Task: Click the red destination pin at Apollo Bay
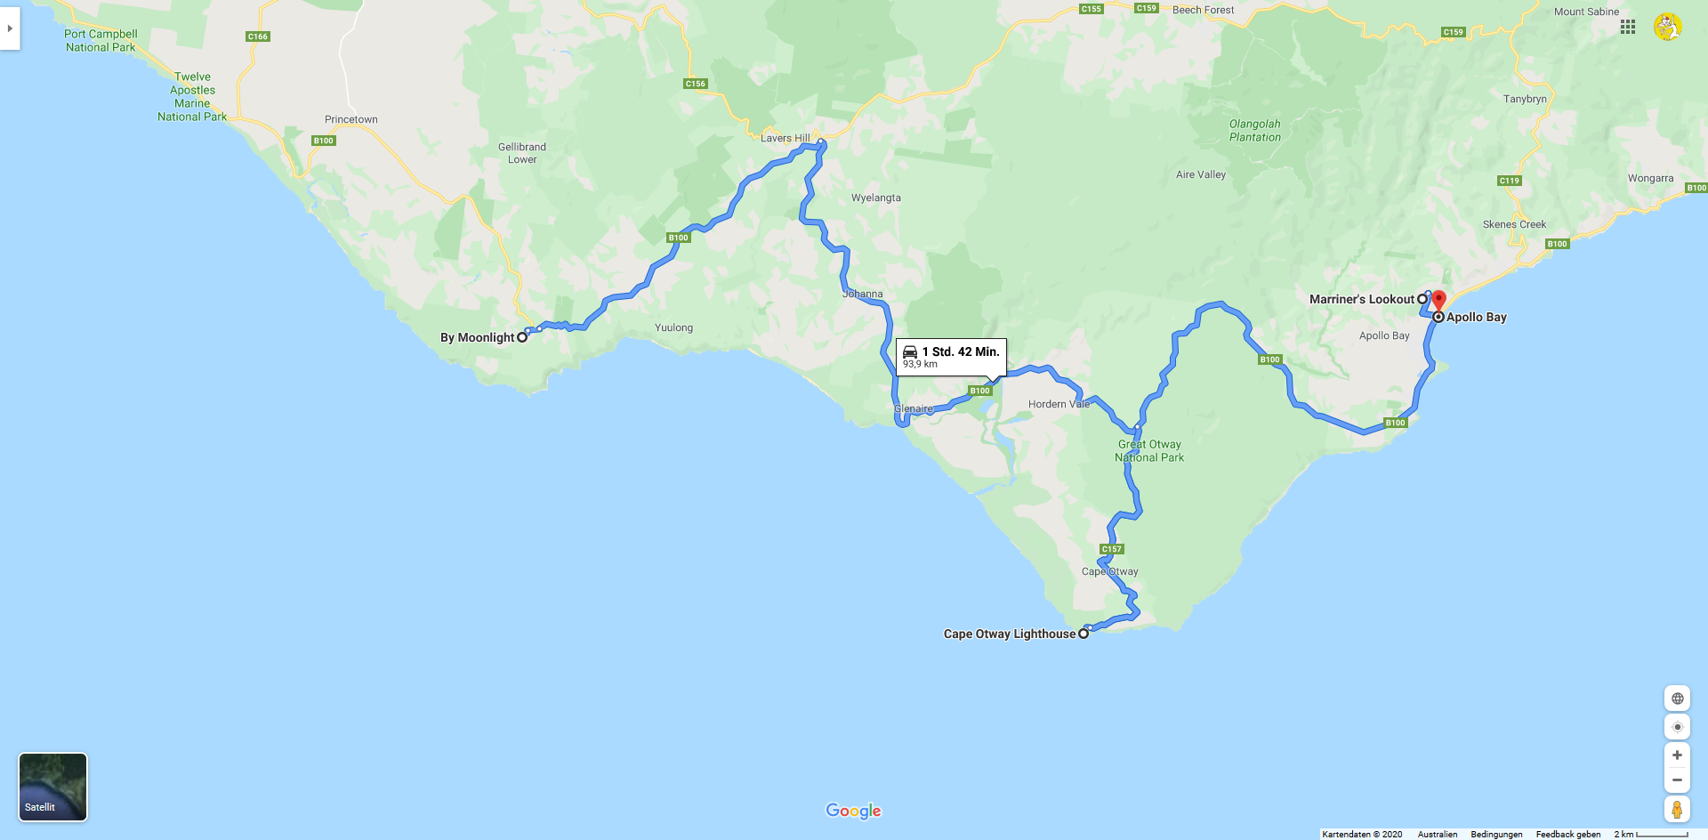pos(1438,300)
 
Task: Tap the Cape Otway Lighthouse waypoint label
pos(1009,634)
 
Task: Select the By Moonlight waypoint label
pos(478,337)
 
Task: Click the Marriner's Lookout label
pos(1361,299)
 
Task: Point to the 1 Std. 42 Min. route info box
pos(951,357)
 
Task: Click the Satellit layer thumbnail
pos(53,787)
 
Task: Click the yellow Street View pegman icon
pos(1677,809)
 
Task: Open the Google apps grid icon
pos(1628,27)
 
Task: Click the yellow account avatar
pos(1668,27)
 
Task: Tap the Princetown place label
pos(350,119)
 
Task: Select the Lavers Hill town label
pos(785,138)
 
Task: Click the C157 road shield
pos(1112,549)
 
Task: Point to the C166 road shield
pos(258,36)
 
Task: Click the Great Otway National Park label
pos(1149,451)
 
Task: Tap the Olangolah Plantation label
pos(1255,131)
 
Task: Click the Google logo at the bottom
pos(853,811)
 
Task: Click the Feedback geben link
pos(1567,834)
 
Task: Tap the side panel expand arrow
pos(10,28)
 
